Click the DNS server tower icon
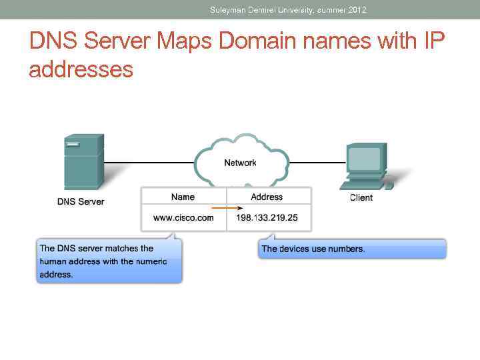83,163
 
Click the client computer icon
367,166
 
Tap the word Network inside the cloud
240,163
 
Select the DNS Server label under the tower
81,201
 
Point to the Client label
361,197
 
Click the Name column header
183,197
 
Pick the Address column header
267,197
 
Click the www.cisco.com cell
183,217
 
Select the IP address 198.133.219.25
267,217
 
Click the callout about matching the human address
108,261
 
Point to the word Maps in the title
186,42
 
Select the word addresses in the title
81,69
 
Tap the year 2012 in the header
357,10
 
